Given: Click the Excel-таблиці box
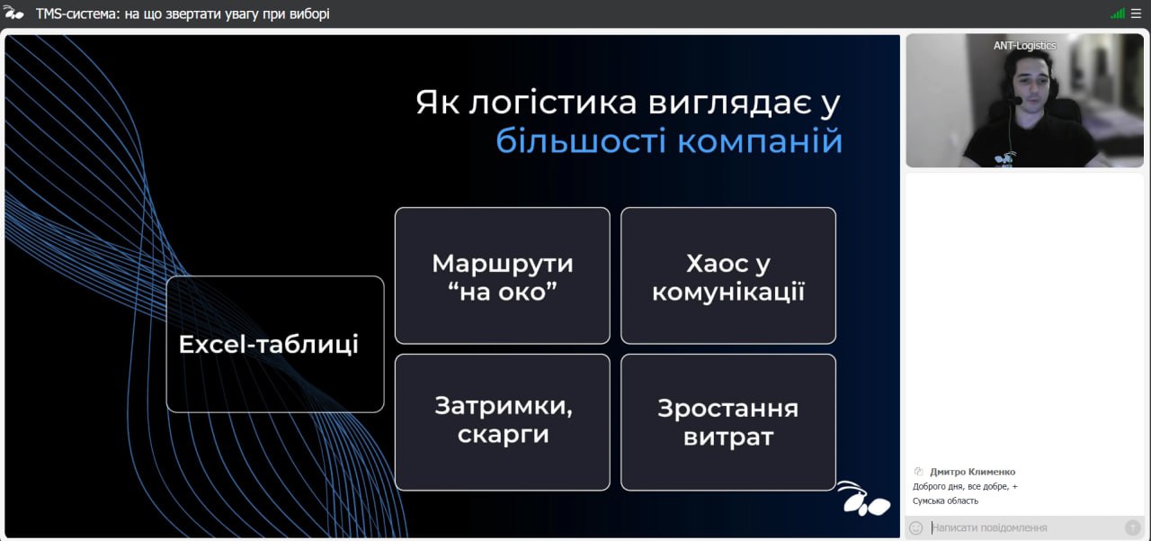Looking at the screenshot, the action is point(275,344).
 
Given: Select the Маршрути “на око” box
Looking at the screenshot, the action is point(502,275).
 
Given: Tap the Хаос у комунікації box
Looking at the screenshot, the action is point(728,275).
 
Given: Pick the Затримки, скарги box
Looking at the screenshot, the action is point(502,422).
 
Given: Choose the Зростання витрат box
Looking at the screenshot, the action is point(728,422).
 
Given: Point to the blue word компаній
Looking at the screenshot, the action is point(760,141).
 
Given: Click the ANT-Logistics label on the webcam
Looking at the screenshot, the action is point(1024,46).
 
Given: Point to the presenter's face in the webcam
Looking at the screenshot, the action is point(1031,85).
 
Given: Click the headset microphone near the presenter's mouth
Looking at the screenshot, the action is point(1015,101).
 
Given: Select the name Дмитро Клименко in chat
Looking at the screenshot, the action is point(972,472).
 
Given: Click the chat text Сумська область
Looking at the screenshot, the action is point(945,500).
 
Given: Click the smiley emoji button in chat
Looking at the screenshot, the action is point(915,528).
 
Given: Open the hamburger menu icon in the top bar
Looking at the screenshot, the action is point(1136,14).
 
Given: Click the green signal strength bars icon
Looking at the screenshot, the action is point(1118,14).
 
